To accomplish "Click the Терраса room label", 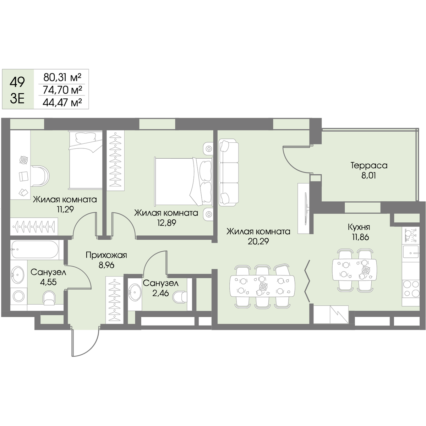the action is click(369, 165).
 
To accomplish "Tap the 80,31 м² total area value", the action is click(62, 77).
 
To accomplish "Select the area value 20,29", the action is click(258, 241).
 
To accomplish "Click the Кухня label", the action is click(359, 227).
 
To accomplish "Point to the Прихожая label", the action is click(106, 256).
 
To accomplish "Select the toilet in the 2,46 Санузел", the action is click(180, 297).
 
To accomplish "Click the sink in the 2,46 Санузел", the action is click(135, 293).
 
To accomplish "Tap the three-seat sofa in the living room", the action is click(229, 173).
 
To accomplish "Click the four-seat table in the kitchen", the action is click(354, 270).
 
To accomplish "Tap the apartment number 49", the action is click(17, 82).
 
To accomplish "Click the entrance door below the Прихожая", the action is click(85, 343).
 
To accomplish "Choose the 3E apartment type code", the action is click(17, 99).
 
